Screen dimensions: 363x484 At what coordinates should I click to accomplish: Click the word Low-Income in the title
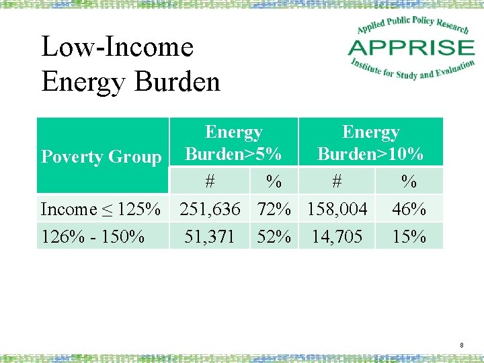(118, 47)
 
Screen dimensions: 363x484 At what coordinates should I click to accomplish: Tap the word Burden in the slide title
(177, 82)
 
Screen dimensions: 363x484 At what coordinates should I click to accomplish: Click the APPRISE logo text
(411, 48)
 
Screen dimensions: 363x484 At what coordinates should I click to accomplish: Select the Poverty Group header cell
(102, 157)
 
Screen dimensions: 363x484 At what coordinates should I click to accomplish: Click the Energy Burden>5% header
(233, 143)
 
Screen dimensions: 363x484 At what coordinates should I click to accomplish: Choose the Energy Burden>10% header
(370, 143)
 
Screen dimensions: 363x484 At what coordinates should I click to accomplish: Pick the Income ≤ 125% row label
(101, 209)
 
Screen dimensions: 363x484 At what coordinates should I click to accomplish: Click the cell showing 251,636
(210, 209)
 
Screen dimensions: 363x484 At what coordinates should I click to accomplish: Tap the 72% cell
(274, 209)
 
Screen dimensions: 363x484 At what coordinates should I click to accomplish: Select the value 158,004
(337, 209)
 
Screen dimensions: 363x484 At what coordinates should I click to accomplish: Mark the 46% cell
(409, 209)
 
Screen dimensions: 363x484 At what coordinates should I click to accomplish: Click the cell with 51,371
(209, 237)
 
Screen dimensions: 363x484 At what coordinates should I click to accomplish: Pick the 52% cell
(274, 237)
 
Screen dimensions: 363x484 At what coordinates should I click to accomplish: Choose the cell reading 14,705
(337, 237)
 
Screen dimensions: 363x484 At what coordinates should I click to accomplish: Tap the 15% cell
(409, 237)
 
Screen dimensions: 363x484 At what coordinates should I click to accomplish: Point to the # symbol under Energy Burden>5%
(210, 182)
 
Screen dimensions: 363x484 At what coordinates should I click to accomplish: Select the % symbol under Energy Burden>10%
(409, 182)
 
